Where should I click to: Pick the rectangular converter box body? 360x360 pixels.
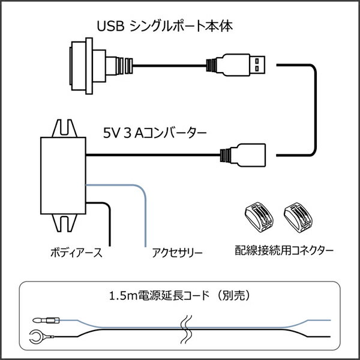pyautogui.click(x=63, y=174)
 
